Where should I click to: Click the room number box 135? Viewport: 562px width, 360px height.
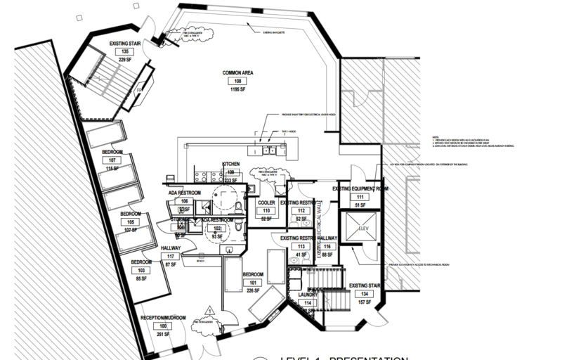pos(125,52)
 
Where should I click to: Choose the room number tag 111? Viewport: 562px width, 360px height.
pos(360,198)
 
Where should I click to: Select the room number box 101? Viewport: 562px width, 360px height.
pos(253,283)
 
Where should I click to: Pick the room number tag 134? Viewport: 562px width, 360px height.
pos(364,294)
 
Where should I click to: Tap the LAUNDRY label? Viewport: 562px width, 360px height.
pos(307,295)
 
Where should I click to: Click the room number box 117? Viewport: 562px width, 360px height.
pos(171,256)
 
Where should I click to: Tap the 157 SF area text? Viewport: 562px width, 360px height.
pos(364,302)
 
